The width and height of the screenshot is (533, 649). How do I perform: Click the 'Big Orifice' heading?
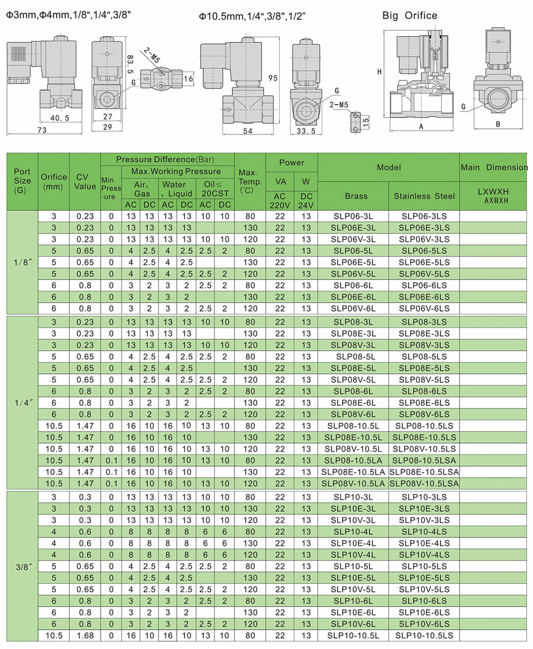(x=410, y=16)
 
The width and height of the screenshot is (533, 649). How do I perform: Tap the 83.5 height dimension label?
(x=130, y=64)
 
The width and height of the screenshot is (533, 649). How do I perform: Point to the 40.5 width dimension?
(x=60, y=118)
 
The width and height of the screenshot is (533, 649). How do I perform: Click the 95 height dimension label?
(x=273, y=78)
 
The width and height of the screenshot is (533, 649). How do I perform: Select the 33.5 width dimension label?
(x=306, y=131)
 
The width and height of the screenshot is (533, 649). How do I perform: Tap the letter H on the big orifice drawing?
(x=379, y=72)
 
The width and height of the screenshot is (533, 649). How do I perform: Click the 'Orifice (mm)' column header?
(x=54, y=181)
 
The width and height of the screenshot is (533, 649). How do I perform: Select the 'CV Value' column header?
(x=85, y=181)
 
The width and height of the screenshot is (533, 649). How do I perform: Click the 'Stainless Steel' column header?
(x=424, y=196)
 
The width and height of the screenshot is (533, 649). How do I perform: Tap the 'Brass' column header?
(x=356, y=196)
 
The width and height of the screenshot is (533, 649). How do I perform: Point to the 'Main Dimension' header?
(x=494, y=167)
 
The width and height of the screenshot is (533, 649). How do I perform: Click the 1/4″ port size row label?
(x=23, y=403)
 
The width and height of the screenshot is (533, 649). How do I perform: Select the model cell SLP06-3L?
(x=353, y=216)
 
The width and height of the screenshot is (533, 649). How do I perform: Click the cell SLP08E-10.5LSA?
(x=424, y=472)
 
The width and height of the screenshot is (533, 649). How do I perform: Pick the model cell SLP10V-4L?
(x=353, y=555)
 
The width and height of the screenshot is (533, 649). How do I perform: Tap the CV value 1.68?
(x=85, y=636)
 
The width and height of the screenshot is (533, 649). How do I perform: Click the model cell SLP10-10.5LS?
(x=424, y=636)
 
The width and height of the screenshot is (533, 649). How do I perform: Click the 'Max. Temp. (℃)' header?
(x=250, y=181)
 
